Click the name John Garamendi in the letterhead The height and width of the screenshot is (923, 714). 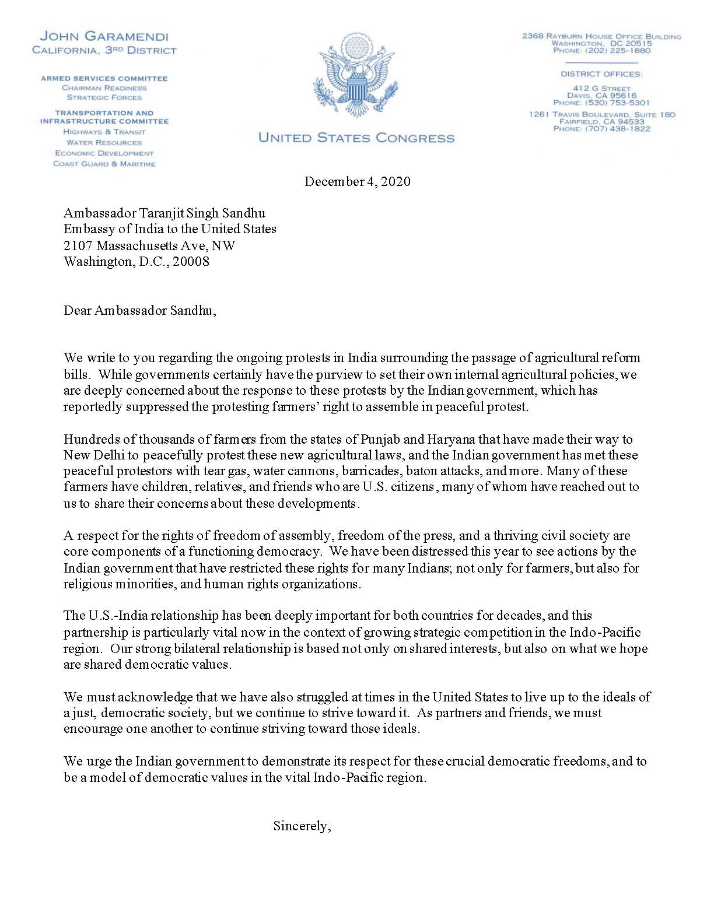104,37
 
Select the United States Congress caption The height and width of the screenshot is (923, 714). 356,138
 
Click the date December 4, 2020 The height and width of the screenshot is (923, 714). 357,181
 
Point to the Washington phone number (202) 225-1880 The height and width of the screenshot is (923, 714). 601,51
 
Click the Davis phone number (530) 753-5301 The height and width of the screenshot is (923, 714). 601,103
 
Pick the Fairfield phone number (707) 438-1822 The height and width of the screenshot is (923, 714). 601,129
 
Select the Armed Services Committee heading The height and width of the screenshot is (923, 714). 104,78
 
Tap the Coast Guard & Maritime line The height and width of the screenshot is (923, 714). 104,164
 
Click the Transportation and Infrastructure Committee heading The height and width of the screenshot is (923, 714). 104,117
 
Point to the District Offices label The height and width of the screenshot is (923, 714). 601,74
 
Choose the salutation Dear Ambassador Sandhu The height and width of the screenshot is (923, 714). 140,310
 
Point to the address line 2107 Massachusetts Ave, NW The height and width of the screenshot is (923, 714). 149,245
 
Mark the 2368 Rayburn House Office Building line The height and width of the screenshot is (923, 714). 601,36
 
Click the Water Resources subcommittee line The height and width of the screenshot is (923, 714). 104,142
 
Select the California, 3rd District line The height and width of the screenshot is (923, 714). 104,51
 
